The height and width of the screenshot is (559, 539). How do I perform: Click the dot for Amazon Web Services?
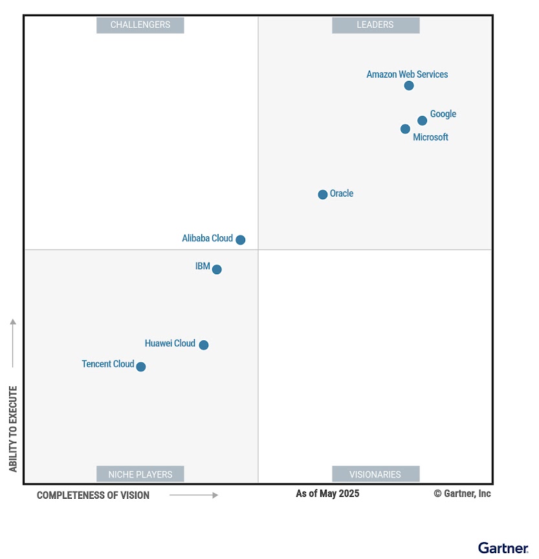[409, 85]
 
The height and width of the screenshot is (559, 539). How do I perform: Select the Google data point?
[422, 120]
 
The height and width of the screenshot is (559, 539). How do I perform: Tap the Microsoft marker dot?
[405, 129]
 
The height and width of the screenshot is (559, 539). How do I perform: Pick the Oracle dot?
[323, 195]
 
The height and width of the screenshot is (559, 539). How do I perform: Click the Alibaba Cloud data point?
[241, 240]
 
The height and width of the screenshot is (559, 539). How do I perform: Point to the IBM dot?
[217, 270]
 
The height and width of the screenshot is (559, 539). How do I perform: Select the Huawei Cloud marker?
[204, 345]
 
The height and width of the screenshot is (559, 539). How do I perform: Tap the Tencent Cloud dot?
[141, 367]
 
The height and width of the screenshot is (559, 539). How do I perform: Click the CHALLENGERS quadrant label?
[140, 25]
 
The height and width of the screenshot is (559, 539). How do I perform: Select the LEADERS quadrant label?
[375, 25]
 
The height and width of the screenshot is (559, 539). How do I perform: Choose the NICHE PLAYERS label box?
[140, 474]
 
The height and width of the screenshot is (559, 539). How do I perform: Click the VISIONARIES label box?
[375, 474]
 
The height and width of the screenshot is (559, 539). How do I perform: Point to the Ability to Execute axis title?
[14, 429]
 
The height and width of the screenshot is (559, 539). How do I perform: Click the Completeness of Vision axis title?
[93, 496]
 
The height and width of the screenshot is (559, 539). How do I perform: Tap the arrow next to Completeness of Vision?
[194, 496]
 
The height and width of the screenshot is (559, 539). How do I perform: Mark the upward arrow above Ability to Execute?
[13, 343]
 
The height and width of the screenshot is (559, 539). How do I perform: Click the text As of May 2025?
[327, 494]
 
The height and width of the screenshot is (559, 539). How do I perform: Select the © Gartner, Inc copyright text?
[462, 494]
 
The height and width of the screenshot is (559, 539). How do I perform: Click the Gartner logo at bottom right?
[503, 548]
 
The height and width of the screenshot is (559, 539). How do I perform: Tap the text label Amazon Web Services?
[407, 74]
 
